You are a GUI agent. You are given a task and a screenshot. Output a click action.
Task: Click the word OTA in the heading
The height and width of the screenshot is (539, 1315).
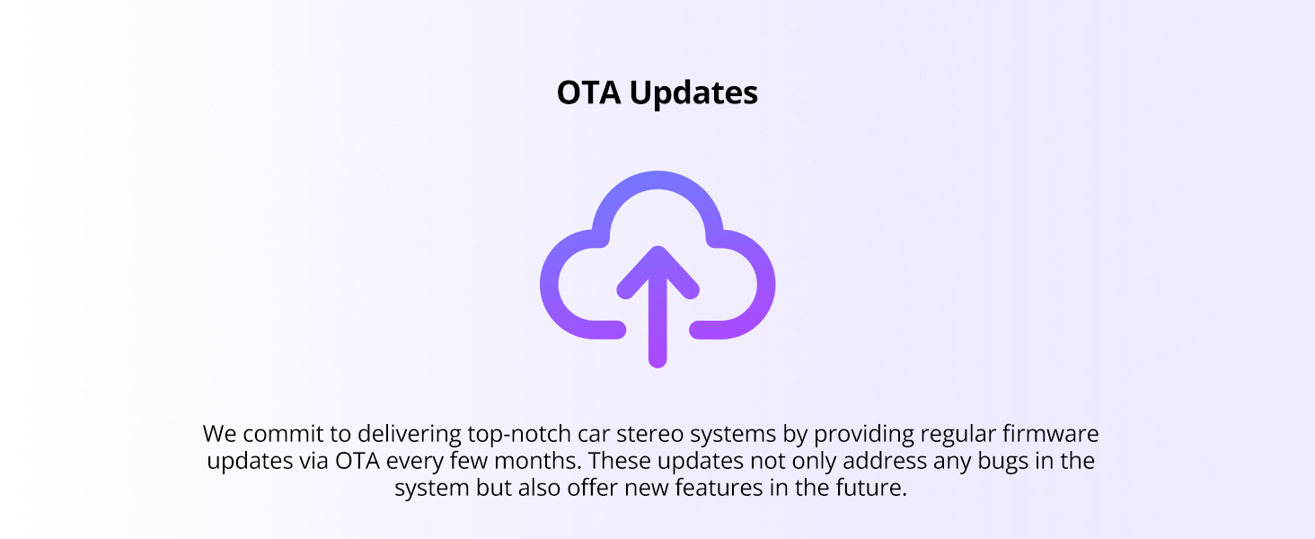tap(589, 93)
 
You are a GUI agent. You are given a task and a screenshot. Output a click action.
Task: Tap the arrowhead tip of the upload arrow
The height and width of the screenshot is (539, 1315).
tap(657, 248)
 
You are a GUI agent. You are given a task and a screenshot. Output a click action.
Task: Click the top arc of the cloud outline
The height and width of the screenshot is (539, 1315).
tap(657, 181)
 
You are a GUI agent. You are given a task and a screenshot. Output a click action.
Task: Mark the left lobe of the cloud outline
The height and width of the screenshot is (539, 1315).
tap(550, 285)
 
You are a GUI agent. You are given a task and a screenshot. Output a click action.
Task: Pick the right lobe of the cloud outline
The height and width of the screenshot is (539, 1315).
tap(766, 285)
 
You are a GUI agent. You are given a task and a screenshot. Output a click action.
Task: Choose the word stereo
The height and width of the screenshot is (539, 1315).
tap(649, 435)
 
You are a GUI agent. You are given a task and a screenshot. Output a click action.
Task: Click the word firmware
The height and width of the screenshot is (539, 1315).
tap(1050, 434)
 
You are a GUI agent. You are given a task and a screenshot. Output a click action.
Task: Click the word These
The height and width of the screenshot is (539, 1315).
tap(620, 461)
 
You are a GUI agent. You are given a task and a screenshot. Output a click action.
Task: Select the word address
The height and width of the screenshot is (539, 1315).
tap(885, 461)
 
